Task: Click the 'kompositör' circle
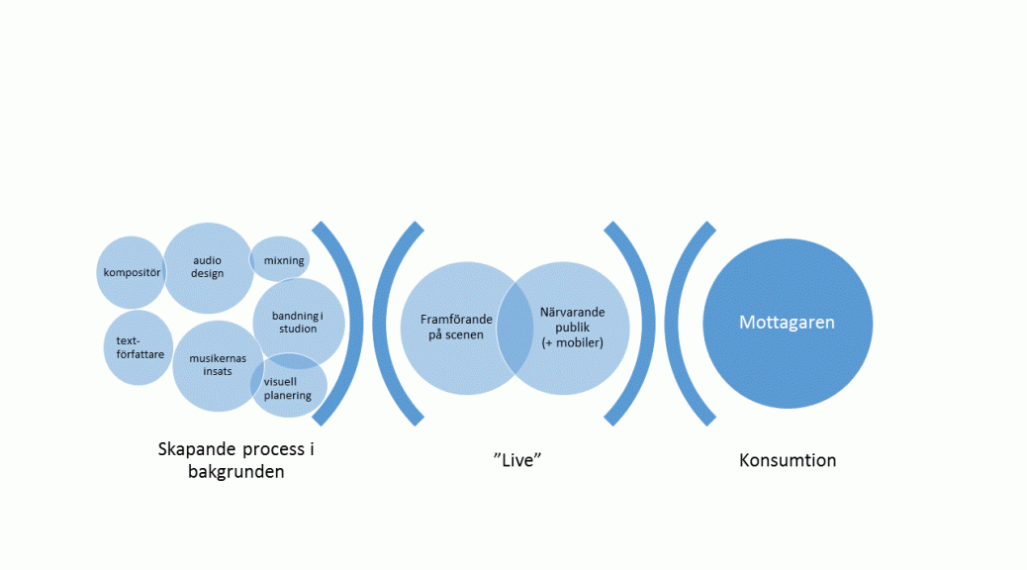click(x=131, y=272)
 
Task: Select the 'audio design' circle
click(x=209, y=268)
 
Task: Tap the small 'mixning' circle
click(x=280, y=259)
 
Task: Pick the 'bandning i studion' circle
click(x=299, y=323)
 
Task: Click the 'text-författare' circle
click(x=139, y=348)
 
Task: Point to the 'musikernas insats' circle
click(x=218, y=366)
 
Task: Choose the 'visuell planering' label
click(x=288, y=389)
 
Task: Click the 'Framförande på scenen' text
click(x=456, y=327)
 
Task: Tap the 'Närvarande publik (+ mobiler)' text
click(x=573, y=327)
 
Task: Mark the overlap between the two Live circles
click(x=514, y=329)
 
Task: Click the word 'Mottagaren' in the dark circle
click(x=787, y=323)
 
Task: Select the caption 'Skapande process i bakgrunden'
click(x=235, y=460)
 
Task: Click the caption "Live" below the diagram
click(x=517, y=460)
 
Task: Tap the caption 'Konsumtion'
click(x=788, y=460)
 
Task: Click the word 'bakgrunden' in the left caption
click(x=235, y=472)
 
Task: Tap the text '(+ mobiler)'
click(x=573, y=342)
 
